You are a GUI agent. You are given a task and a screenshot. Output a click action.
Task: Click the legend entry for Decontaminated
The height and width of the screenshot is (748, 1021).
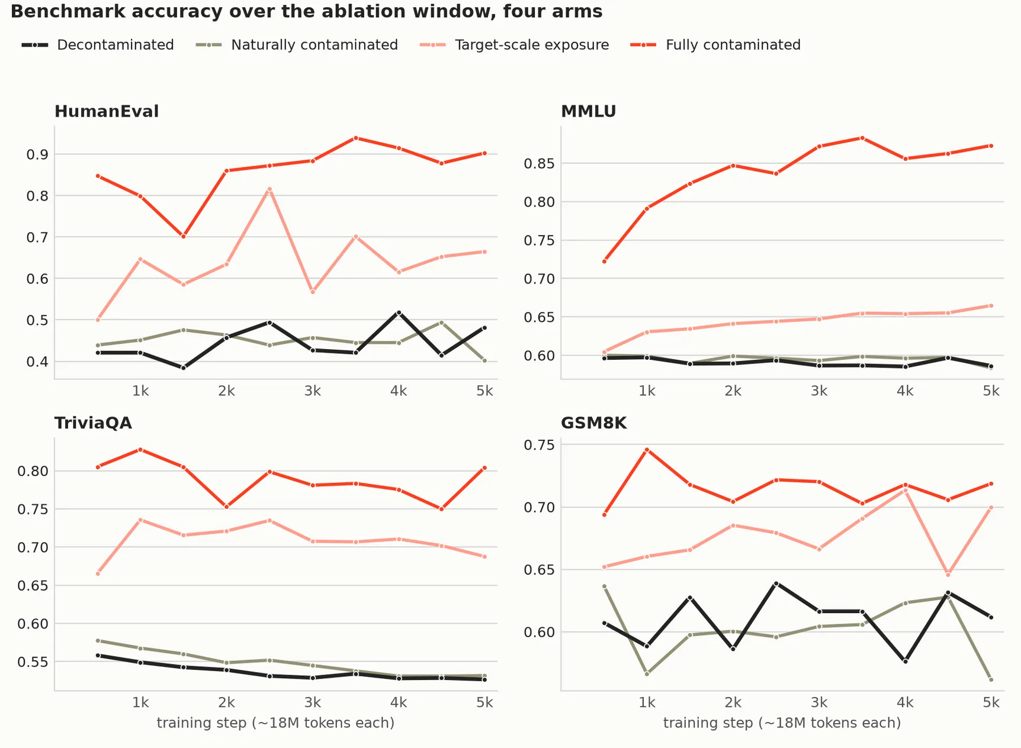pos(98,45)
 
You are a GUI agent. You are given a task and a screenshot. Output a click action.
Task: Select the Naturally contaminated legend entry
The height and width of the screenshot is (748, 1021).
pos(297,45)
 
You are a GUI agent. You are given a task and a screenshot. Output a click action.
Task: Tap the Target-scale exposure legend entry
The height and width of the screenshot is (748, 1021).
pos(514,45)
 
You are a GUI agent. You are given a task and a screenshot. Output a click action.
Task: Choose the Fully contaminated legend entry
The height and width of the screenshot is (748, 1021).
pos(715,45)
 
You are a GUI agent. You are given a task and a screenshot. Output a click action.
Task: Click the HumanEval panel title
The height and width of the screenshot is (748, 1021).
pos(107,111)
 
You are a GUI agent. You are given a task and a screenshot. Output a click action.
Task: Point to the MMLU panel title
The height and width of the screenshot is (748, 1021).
pos(589,111)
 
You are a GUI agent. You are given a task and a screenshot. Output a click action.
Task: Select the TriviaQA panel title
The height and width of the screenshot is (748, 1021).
pos(93,423)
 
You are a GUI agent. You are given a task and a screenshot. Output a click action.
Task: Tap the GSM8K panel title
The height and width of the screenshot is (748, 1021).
pos(593,423)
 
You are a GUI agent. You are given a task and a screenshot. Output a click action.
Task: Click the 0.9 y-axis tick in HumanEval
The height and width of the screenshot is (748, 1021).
pos(37,154)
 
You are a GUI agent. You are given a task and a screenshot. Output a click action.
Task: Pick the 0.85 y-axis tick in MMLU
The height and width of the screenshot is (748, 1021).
pos(539,163)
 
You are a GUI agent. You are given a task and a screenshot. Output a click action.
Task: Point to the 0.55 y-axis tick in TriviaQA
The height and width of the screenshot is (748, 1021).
pos(33,662)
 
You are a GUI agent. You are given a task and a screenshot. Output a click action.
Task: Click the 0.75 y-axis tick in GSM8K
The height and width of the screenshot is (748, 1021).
pos(539,444)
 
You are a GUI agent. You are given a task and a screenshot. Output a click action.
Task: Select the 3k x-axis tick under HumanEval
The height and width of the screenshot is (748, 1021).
pos(313,391)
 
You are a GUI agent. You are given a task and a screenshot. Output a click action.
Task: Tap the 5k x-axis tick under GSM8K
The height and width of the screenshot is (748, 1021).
pos(991,702)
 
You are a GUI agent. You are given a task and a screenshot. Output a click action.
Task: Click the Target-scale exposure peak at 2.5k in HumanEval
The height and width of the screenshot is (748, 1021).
pos(269,189)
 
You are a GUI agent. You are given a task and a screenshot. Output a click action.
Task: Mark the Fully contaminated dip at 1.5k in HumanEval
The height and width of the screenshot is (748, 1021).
pos(184,237)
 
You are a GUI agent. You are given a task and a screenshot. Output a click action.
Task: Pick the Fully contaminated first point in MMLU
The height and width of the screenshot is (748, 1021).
pos(604,261)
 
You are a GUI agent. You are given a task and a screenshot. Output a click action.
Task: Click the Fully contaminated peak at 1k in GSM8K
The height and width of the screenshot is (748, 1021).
pos(647,450)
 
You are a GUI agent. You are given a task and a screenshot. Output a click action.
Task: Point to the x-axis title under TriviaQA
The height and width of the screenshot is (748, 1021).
pos(275,723)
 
